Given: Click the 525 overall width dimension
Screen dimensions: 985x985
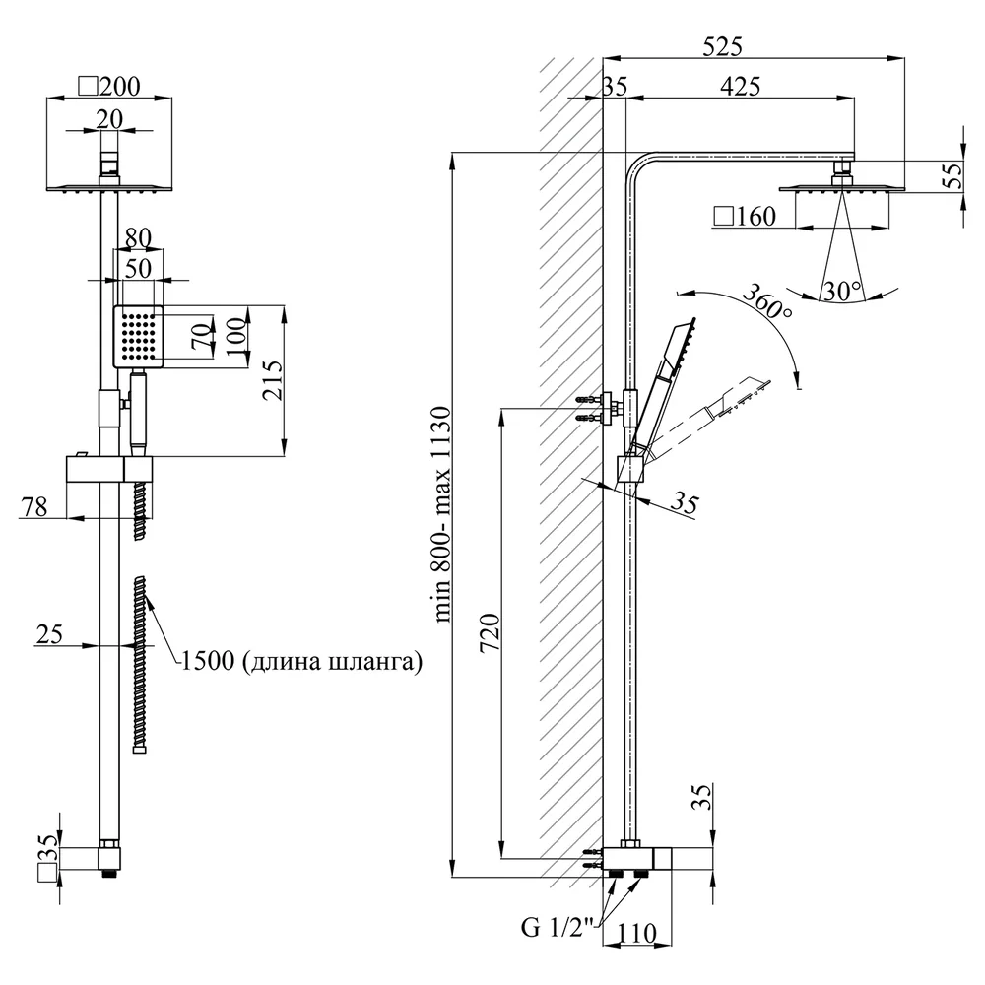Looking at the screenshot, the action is [x=722, y=46].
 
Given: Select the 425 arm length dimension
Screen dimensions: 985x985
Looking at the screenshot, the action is [x=740, y=86].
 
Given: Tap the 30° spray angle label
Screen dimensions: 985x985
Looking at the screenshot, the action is [x=842, y=292].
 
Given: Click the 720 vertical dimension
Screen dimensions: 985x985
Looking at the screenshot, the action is [x=491, y=632].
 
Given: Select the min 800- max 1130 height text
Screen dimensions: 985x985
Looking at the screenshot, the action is [x=441, y=514].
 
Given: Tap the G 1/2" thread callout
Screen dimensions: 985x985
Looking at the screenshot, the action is [x=558, y=927].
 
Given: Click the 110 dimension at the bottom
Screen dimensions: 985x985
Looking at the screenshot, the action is [x=636, y=934].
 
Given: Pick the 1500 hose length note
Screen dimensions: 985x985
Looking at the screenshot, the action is [x=301, y=661].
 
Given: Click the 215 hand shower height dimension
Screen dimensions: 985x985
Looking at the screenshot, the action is [x=273, y=380].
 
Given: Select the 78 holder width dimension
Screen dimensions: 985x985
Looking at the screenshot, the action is [x=33, y=506].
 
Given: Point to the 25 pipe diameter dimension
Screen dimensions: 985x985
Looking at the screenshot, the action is [x=49, y=633].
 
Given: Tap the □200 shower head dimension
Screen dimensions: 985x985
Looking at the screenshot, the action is [x=108, y=86].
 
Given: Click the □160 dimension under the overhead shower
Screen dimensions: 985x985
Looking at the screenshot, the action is [x=745, y=216].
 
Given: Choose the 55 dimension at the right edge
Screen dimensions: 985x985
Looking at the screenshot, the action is [x=952, y=175].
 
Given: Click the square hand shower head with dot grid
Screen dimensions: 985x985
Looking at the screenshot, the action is [x=138, y=337].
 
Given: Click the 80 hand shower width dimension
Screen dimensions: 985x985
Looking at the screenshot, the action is [x=138, y=238].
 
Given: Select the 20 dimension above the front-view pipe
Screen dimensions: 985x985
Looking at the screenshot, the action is [x=109, y=119].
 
